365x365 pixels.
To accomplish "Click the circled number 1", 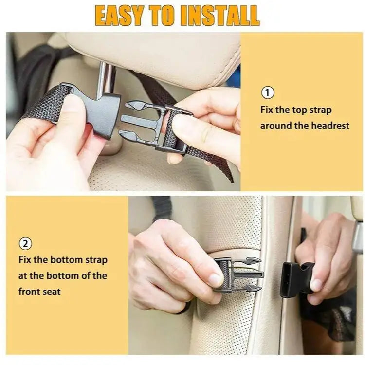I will pos(268,92).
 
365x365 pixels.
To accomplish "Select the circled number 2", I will pos(25,242).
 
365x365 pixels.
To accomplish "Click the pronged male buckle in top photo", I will pos(146,123).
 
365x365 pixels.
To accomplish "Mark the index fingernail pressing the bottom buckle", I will pos(215,280).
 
